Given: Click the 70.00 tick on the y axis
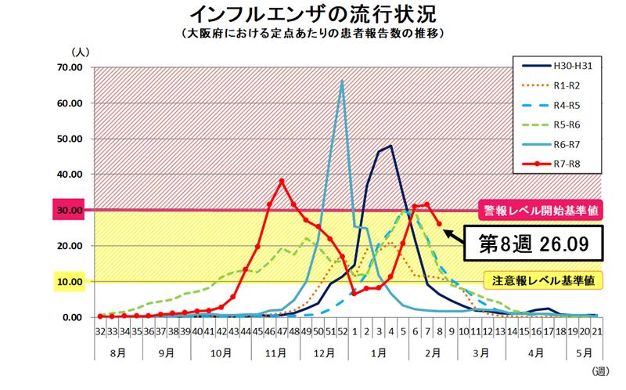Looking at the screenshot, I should pyautogui.click(x=70, y=67).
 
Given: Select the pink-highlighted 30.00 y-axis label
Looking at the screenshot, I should pyautogui.click(x=69, y=211).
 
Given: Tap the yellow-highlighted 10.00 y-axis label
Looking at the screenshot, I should pyautogui.click(x=69, y=282).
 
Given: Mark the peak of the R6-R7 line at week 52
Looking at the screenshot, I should pyautogui.click(x=342, y=81).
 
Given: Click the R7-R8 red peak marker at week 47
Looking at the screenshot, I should pyautogui.click(x=282, y=181).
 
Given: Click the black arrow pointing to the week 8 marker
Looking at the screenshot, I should pyautogui.click(x=456, y=233).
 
